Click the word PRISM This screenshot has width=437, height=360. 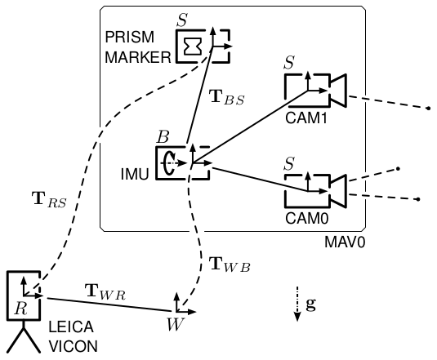tap(129, 37)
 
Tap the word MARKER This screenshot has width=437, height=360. tap(138, 58)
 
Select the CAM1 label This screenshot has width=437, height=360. tap(306, 118)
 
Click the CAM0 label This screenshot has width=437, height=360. tap(307, 218)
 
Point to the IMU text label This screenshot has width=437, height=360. tap(135, 175)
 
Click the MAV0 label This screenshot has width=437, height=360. tap(345, 242)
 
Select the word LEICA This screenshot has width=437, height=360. tap(71, 327)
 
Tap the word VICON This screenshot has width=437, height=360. tap(74, 346)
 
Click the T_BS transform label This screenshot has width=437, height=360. tap(226, 97)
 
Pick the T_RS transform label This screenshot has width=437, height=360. tap(50, 200)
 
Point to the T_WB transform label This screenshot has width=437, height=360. tap(230, 264)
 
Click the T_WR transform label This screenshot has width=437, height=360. tap(105, 291)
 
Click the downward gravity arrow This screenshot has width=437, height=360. tap(297, 304)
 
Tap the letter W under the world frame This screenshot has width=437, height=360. tap(176, 324)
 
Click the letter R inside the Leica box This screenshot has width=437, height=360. tap(21, 309)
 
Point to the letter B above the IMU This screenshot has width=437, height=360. tap(163, 136)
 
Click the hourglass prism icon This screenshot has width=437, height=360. tap(193, 46)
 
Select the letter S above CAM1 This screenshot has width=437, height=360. tap(289, 62)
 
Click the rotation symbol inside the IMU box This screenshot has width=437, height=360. tap(169, 163)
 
